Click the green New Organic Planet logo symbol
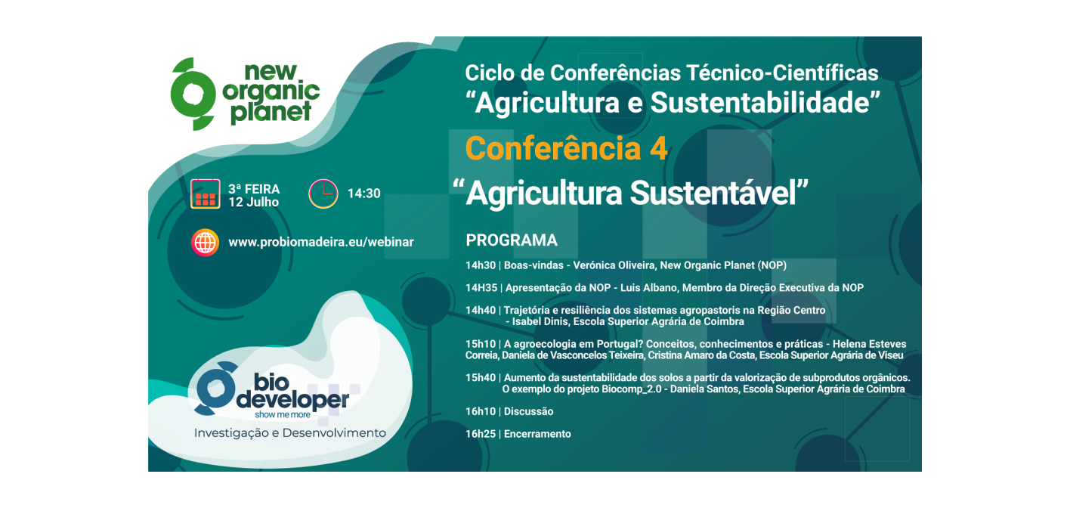pos(193,94)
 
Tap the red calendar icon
pos(206,194)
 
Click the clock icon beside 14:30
pos(323,194)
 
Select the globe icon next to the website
pos(206,243)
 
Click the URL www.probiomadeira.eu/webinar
pos(321,243)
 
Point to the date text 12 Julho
pos(254,202)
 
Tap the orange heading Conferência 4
pos(566,149)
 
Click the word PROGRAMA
pos(512,240)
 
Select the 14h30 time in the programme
pos(481,265)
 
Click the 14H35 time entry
pos(481,288)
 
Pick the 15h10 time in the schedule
pos(481,344)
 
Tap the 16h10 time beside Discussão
pos(481,411)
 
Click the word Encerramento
pos(537,434)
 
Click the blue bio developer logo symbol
pos(215,388)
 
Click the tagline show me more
pos(283,415)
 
